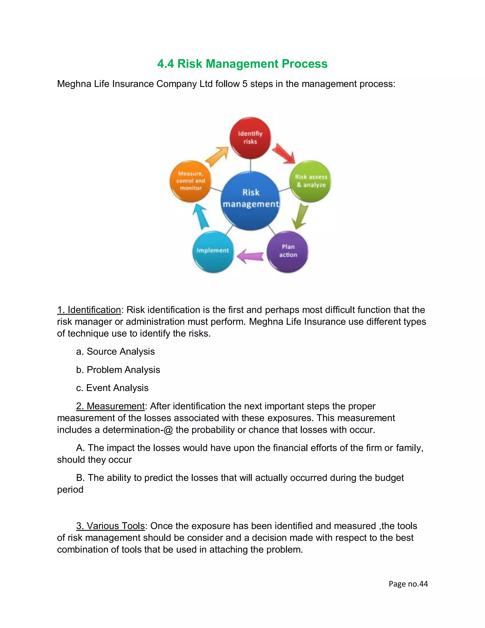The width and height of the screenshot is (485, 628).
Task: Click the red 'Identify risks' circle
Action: tap(250, 138)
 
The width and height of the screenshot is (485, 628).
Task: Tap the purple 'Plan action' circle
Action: tap(287, 251)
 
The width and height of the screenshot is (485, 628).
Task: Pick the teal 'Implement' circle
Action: tap(213, 251)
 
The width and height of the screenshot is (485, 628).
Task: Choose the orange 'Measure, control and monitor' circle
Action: tap(191, 181)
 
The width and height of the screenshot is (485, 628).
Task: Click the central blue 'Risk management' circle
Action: tap(251, 200)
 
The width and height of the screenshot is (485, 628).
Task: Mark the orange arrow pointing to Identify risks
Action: tap(217, 156)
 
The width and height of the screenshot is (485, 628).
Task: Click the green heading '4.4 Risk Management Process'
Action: tap(242, 64)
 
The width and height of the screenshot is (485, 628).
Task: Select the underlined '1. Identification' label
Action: tap(89, 310)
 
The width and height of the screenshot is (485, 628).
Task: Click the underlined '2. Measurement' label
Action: tap(110, 406)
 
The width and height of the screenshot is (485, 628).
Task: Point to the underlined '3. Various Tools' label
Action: tap(110, 526)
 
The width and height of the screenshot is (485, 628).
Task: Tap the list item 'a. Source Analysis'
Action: tap(115, 352)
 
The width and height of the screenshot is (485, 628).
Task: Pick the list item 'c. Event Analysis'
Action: tap(112, 388)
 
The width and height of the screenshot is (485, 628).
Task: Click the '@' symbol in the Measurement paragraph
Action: tap(168, 430)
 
